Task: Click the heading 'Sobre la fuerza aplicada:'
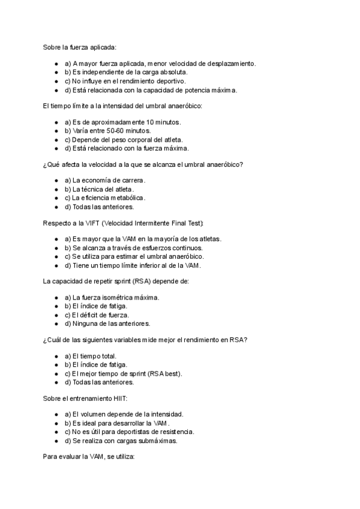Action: click(79, 46)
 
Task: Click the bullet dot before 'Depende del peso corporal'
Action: click(56, 139)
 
